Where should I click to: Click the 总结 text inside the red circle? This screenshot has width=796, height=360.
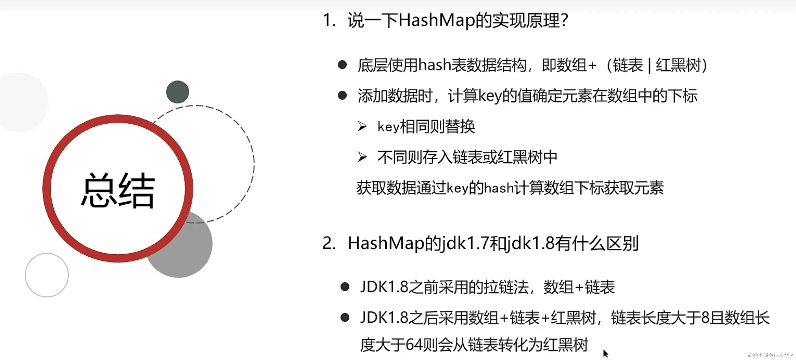(x=118, y=190)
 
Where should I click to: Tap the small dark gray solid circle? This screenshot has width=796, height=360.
(x=177, y=92)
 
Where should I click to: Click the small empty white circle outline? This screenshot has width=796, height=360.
(x=47, y=275)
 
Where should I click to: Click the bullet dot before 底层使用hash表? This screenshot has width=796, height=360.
(x=342, y=65)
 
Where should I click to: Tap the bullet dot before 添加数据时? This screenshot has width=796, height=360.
(x=342, y=95)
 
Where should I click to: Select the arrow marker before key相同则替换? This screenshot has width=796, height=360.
(x=362, y=126)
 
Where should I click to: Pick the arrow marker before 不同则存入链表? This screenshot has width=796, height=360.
(x=362, y=157)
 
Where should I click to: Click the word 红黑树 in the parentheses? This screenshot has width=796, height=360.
(x=678, y=65)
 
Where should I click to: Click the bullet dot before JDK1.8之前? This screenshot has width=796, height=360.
(x=345, y=287)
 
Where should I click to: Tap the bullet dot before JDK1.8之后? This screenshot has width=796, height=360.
(x=345, y=317)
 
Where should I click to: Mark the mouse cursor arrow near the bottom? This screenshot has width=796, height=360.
(x=605, y=353)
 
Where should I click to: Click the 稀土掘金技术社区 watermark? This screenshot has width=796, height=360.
(x=771, y=355)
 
